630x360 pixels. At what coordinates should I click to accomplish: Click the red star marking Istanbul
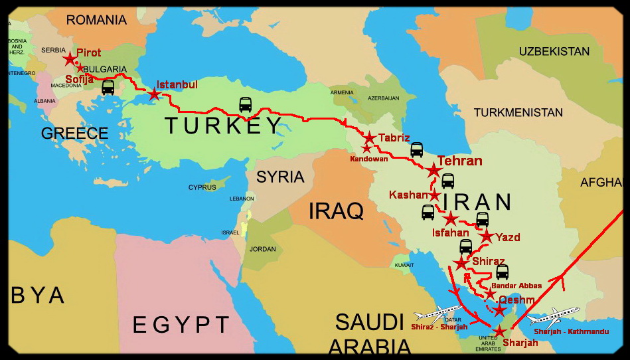(154, 94)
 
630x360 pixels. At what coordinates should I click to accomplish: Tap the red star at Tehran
(433, 171)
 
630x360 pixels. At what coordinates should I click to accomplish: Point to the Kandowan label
(369, 159)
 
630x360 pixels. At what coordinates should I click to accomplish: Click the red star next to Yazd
(487, 236)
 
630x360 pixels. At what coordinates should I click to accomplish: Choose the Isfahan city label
(450, 232)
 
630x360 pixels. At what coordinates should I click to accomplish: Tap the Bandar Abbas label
(516, 286)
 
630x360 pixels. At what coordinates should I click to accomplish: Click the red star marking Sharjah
(499, 331)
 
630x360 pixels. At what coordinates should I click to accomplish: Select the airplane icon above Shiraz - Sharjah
(438, 313)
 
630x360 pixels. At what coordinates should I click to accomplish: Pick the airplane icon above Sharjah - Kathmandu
(555, 315)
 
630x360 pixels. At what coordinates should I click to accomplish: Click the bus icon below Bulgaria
(108, 87)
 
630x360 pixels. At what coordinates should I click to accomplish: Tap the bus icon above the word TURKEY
(246, 104)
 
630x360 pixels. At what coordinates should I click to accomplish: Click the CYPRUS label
(202, 187)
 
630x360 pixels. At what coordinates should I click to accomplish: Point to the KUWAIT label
(404, 265)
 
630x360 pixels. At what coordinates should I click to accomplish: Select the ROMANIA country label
(96, 20)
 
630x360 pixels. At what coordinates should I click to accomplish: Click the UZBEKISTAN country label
(554, 51)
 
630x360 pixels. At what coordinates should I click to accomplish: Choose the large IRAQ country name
(336, 211)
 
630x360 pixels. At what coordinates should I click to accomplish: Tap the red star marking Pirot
(70, 59)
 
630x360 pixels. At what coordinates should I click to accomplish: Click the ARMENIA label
(342, 92)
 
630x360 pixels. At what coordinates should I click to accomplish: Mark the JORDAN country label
(262, 249)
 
